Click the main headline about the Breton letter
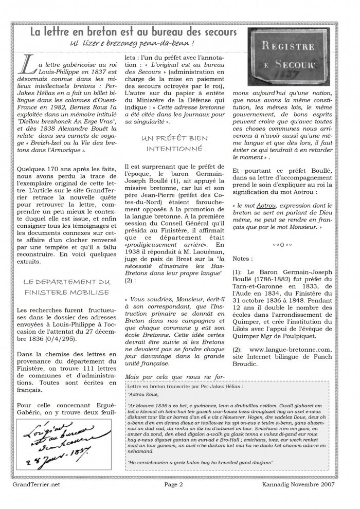[133, 32]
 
